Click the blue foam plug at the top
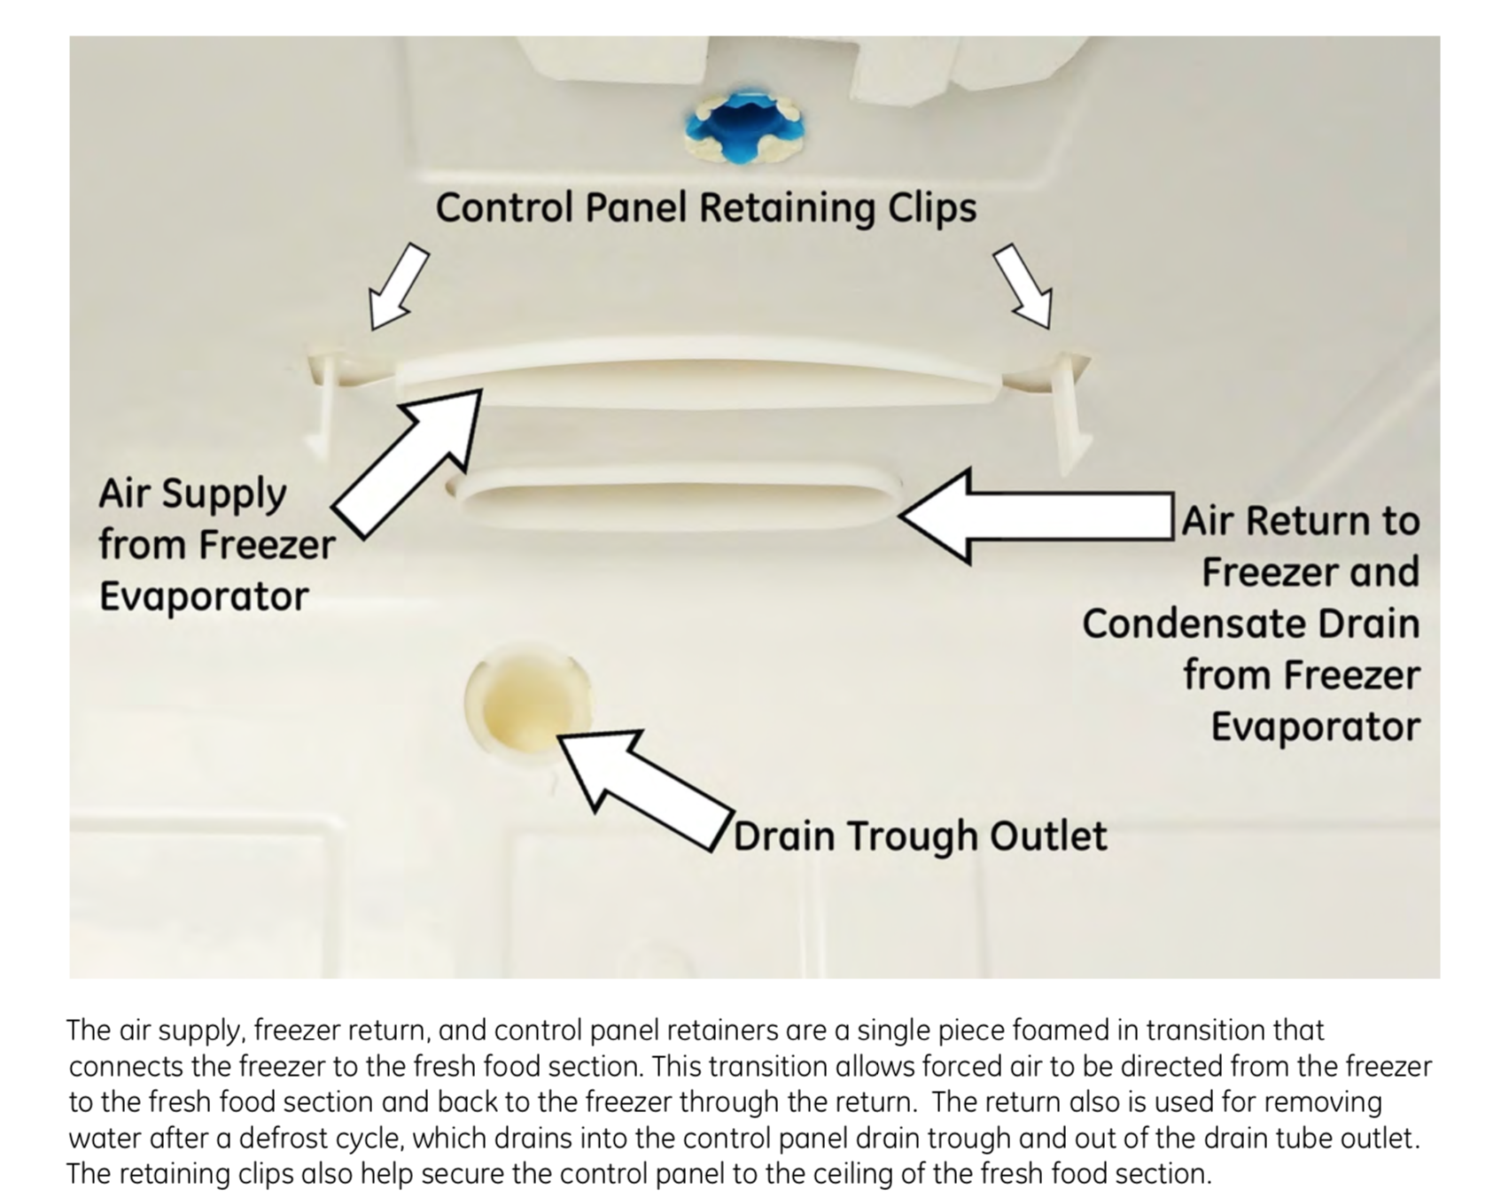click(x=744, y=126)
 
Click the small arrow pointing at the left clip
click(x=397, y=285)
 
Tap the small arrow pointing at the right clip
click(x=1023, y=285)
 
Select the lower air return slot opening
click(x=677, y=500)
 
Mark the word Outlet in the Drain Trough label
click(x=1047, y=836)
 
